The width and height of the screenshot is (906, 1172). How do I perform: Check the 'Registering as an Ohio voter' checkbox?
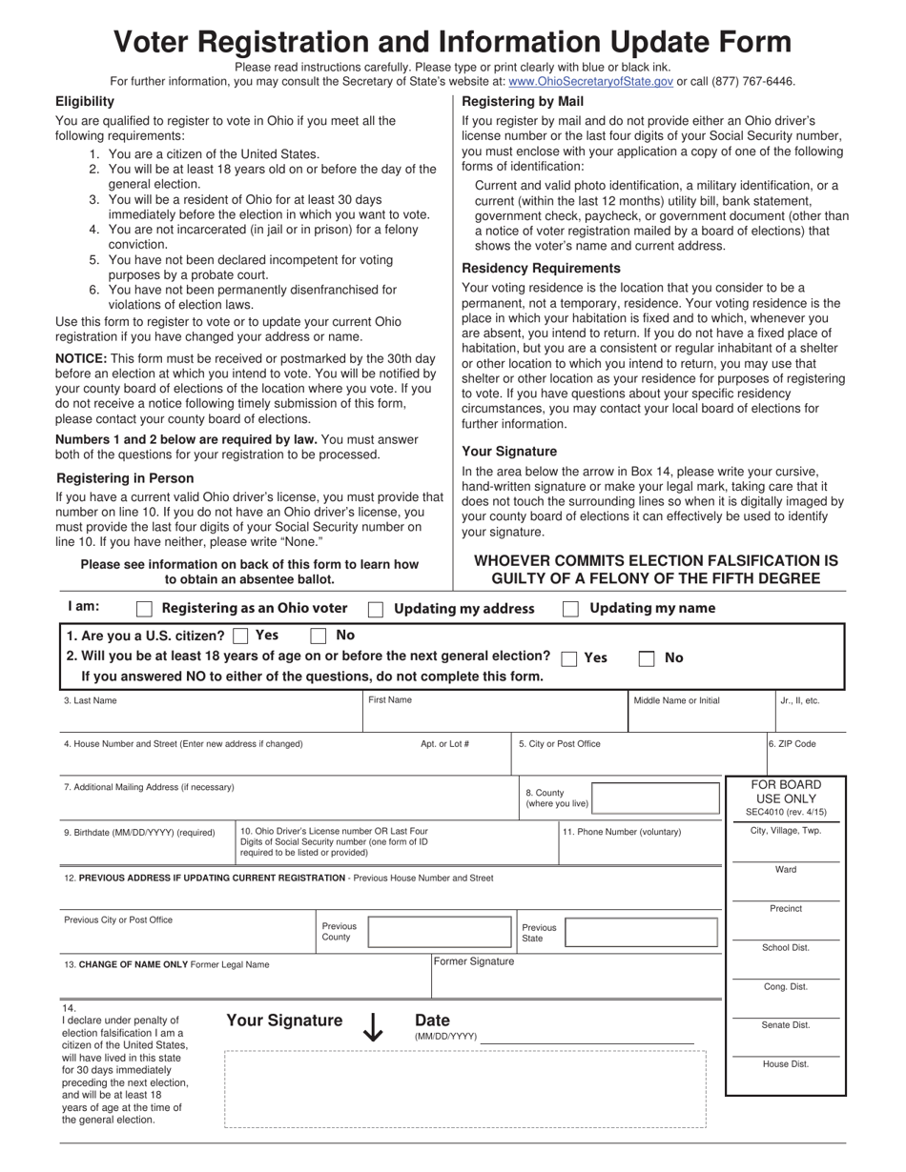point(145,609)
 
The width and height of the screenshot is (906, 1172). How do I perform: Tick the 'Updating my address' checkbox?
point(377,610)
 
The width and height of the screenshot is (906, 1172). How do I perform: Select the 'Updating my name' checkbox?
point(571,610)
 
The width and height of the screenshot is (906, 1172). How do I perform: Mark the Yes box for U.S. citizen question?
point(241,636)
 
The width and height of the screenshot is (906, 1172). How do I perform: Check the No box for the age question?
point(647,658)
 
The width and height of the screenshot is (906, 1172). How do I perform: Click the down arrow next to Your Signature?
point(373,1026)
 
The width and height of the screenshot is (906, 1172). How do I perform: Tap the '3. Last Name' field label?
point(91,700)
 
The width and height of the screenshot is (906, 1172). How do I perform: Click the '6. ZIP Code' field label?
point(793,744)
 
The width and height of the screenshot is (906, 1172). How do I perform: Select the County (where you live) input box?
point(655,798)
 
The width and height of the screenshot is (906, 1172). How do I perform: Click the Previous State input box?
point(644,932)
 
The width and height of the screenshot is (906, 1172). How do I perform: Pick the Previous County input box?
point(440,932)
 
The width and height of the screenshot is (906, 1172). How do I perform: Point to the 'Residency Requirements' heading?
point(541,269)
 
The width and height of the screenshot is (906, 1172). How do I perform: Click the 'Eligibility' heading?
point(85,101)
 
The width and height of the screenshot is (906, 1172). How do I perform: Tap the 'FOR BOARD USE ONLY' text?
point(786,792)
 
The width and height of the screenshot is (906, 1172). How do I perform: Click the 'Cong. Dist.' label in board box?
point(785,987)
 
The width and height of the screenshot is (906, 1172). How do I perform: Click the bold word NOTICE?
point(81,358)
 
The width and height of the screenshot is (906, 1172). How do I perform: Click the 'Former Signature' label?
point(474,961)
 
